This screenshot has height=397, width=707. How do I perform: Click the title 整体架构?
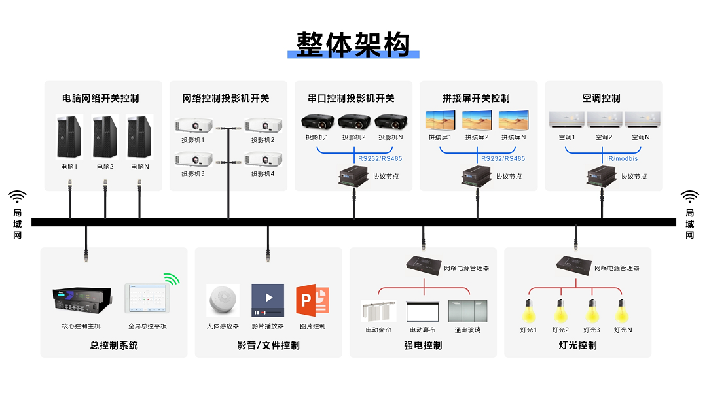click(353, 44)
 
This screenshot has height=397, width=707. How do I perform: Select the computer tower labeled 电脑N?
click(139, 137)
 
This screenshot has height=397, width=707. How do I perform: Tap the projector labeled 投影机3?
click(194, 159)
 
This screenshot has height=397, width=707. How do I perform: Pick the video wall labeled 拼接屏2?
click(477, 120)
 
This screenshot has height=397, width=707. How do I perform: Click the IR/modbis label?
click(622, 158)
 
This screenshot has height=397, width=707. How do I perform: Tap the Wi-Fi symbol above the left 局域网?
click(17, 197)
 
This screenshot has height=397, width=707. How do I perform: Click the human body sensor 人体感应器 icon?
click(223, 301)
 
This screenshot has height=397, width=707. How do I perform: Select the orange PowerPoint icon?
click(312, 301)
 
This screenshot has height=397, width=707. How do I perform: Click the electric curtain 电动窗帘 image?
click(378, 311)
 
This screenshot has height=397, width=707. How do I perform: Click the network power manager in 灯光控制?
click(573, 263)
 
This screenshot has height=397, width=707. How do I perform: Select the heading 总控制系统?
click(114, 345)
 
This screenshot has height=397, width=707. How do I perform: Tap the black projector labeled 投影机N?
click(391, 122)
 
